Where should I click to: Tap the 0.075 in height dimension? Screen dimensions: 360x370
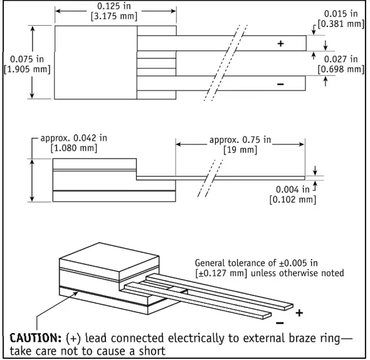tap(26, 59)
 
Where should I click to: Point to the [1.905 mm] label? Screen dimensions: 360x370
tap(26, 69)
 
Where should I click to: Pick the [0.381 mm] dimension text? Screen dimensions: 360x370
tap(341, 24)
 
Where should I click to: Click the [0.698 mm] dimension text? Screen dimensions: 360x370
tap(341, 69)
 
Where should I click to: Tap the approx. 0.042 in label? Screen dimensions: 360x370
tap(72, 138)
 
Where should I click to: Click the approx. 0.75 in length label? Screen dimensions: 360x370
tap(240, 139)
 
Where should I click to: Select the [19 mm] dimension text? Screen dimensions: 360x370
tap(240, 150)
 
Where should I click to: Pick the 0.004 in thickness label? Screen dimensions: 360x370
tap(293, 189)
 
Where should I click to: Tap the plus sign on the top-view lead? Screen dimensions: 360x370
tap(280, 44)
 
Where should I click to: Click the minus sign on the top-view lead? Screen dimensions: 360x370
tap(280, 83)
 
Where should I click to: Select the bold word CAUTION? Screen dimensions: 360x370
tap(34, 339)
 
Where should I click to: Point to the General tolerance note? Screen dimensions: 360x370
tap(269, 268)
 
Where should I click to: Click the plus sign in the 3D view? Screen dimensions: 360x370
tap(299, 312)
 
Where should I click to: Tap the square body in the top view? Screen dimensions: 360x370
tap(96, 62)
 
